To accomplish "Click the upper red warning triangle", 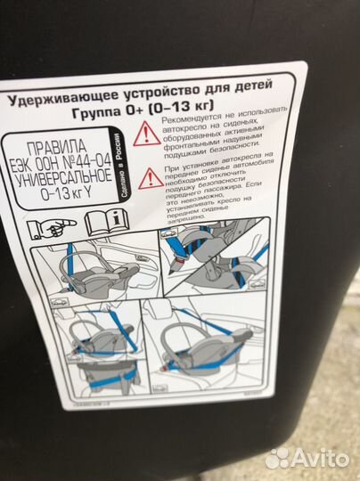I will [x=147, y=134].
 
